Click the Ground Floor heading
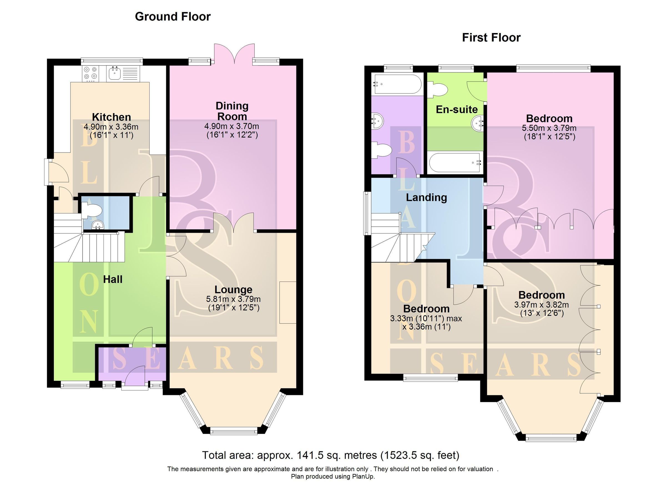tap(173, 17)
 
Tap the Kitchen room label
tap(111, 117)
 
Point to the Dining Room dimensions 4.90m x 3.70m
tap(231, 126)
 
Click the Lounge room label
tap(233, 290)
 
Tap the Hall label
tap(112, 279)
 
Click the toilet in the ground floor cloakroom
tap(91, 211)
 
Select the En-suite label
tap(457, 110)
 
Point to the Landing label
tap(427, 197)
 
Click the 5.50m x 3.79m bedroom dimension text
tap(549, 128)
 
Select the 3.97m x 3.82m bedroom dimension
tap(541, 305)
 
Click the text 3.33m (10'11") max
tap(426, 318)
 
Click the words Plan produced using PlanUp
tap(333, 476)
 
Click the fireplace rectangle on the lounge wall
tap(287, 303)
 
